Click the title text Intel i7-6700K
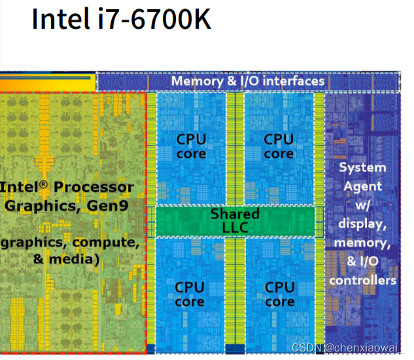[122, 20]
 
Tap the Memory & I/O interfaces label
[248, 81]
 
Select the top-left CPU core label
[191, 146]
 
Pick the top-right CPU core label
[279, 146]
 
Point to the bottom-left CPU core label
[190, 294]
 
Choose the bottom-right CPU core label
[279, 294]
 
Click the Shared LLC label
[235, 220]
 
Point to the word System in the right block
[362, 167]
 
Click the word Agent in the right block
[362, 186]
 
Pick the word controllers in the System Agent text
[362, 280]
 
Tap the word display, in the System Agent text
[362, 224]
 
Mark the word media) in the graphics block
[75, 259]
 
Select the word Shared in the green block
[235, 214]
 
